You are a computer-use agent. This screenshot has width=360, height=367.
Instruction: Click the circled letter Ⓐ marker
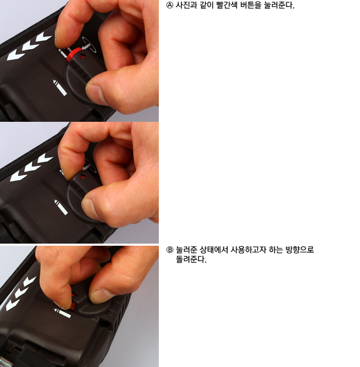pos(169,5)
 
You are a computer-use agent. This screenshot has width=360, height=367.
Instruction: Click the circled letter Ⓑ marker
pos(170,250)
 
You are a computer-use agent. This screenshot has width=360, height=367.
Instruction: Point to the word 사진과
pos(186,5)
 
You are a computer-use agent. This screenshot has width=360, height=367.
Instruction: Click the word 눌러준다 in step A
pos(279,5)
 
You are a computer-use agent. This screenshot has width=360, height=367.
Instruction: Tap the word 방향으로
pos(300,250)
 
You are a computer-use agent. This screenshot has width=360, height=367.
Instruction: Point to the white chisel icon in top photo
pos(60,87)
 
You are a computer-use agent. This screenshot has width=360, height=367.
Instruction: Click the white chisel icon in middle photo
pos(61,207)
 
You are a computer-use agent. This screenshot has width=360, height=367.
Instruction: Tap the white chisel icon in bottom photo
pos(62,313)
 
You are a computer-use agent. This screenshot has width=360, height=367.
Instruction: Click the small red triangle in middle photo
pos(83,177)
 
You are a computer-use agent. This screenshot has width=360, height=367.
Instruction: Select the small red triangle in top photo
pos(83,57)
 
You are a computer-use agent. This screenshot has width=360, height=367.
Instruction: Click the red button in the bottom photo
pos(73,306)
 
